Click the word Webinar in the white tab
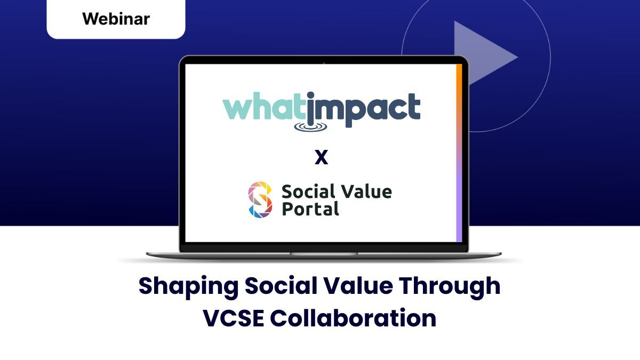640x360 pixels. (116, 19)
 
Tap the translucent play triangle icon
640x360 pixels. (483, 54)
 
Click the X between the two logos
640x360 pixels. (321, 157)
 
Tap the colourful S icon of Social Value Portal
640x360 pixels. (260, 199)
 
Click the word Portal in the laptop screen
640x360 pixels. (310, 209)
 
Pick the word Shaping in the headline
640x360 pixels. (188, 286)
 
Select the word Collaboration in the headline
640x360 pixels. (353, 318)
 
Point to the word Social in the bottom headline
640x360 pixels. (281, 286)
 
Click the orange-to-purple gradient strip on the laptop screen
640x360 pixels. (459, 153)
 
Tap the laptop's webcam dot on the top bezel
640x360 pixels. (324, 62)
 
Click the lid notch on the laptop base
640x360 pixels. (324, 254)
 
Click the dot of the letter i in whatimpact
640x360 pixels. (311, 95)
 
